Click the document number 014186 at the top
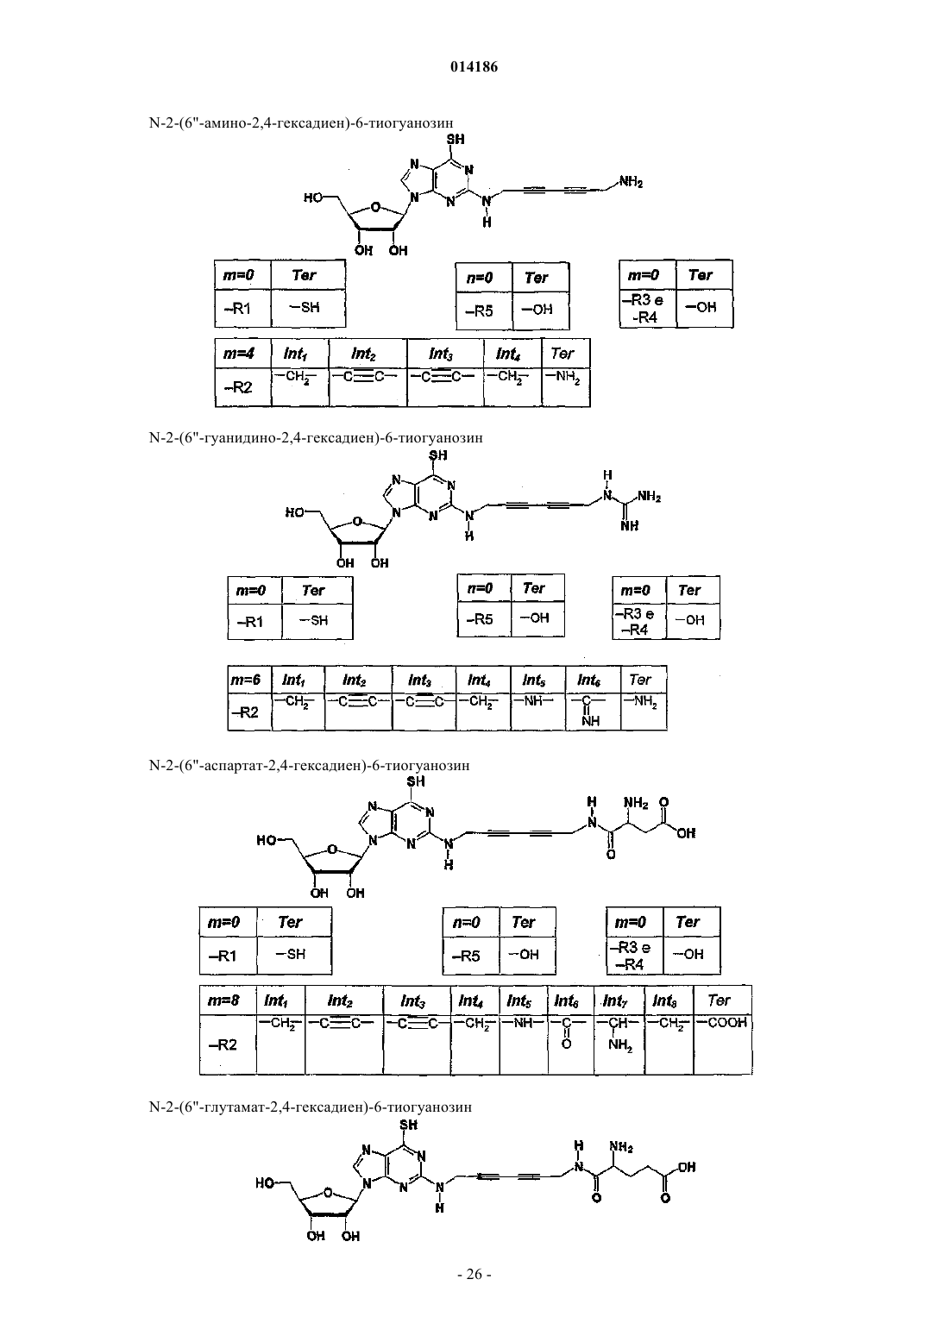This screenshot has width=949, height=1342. point(474,67)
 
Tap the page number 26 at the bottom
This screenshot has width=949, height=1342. point(474,1275)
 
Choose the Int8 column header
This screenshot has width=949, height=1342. point(668,1000)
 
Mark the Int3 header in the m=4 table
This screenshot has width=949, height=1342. point(444,354)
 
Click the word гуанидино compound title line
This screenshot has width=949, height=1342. point(315,438)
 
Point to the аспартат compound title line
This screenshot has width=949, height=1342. point(309,766)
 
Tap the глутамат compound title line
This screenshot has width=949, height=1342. point(310,1107)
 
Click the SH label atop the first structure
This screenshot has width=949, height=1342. point(456,139)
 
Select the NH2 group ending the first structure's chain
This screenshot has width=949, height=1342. point(631,181)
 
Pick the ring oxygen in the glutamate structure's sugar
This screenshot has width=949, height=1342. point(328,1192)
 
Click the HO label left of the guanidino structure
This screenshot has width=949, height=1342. point(295,512)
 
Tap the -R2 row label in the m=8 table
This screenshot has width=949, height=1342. point(223,1044)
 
